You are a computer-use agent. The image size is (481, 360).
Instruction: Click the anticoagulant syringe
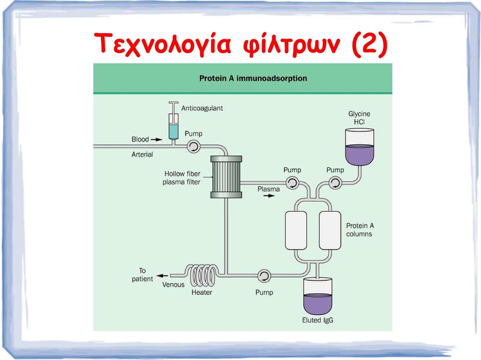click(x=174, y=123)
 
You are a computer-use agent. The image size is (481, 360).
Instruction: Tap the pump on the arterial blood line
click(x=193, y=146)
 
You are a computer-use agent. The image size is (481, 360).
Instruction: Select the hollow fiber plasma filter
click(x=226, y=177)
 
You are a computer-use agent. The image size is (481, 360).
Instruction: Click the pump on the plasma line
click(x=292, y=183)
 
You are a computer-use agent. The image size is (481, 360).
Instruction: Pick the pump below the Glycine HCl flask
click(x=335, y=183)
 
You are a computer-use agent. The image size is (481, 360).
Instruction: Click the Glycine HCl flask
click(x=360, y=147)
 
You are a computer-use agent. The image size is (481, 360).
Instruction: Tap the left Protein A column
click(x=296, y=231)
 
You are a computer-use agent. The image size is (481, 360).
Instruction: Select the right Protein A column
click(x=330, y=231)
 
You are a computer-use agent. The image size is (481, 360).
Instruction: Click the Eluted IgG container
click(x=318, y=296)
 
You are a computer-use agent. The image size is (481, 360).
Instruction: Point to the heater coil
click(x=202, y=275)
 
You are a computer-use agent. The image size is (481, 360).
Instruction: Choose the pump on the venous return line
click(x=264, y=276)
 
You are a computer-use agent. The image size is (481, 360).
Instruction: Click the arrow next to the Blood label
click(x=156, y=139)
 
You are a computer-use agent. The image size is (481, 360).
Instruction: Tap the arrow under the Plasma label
click(x=269, y=196)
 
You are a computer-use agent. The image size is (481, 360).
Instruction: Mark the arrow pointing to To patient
click(x=162, y=276)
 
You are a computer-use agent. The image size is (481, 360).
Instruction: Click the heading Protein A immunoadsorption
click(x=253, y=78)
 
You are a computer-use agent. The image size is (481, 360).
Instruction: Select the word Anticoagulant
click(x=202, y=108)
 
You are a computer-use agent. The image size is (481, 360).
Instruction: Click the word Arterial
click(x=142, y=154)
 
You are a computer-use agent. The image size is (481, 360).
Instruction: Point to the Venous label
click(x=173, y=284)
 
